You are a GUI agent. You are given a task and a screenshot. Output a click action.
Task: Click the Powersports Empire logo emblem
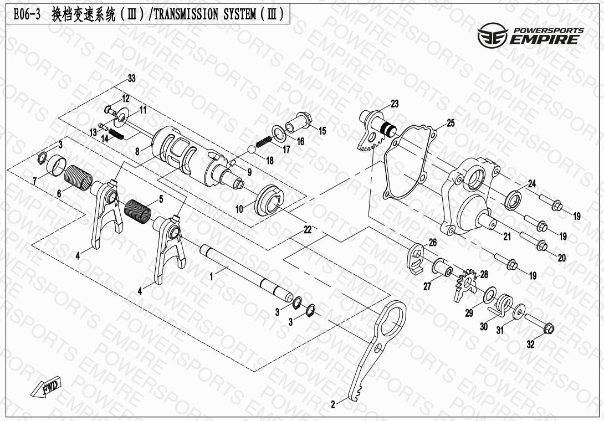(x=493, y=36)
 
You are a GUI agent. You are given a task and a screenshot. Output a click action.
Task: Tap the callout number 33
(x=132, y=79)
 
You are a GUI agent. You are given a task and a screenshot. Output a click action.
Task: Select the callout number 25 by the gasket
(x=451, y=124)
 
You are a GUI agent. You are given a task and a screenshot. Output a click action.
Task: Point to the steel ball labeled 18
(x=251, y=150)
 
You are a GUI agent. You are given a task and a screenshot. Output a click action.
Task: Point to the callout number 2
(x=333, y=404)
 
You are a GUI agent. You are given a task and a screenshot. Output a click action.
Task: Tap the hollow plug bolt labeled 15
(x=299, y=122)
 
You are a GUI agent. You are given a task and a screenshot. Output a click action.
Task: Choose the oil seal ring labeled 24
(x=513, y=200)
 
